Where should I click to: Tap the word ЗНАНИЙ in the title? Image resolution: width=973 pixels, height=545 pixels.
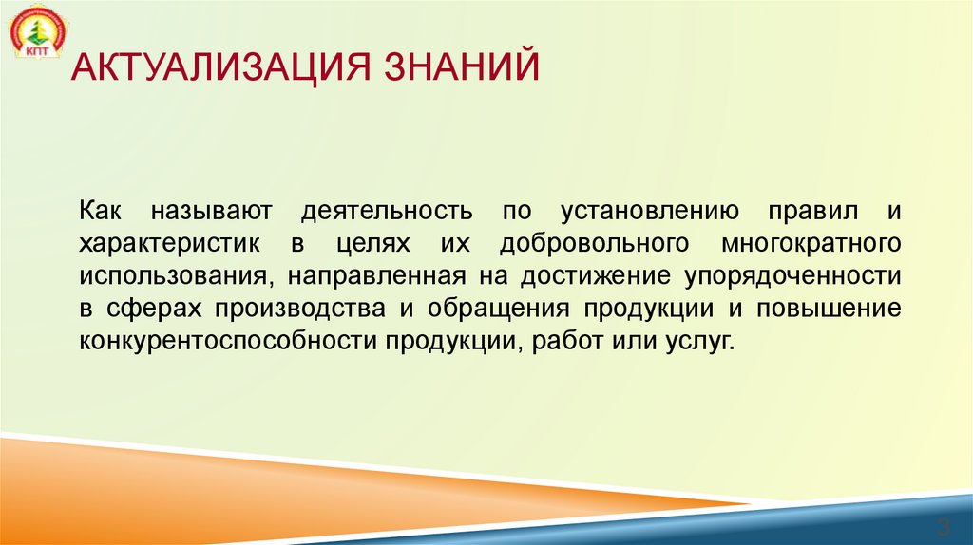coord(463,69)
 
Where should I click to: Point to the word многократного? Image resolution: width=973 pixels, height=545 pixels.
coord(811,243)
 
